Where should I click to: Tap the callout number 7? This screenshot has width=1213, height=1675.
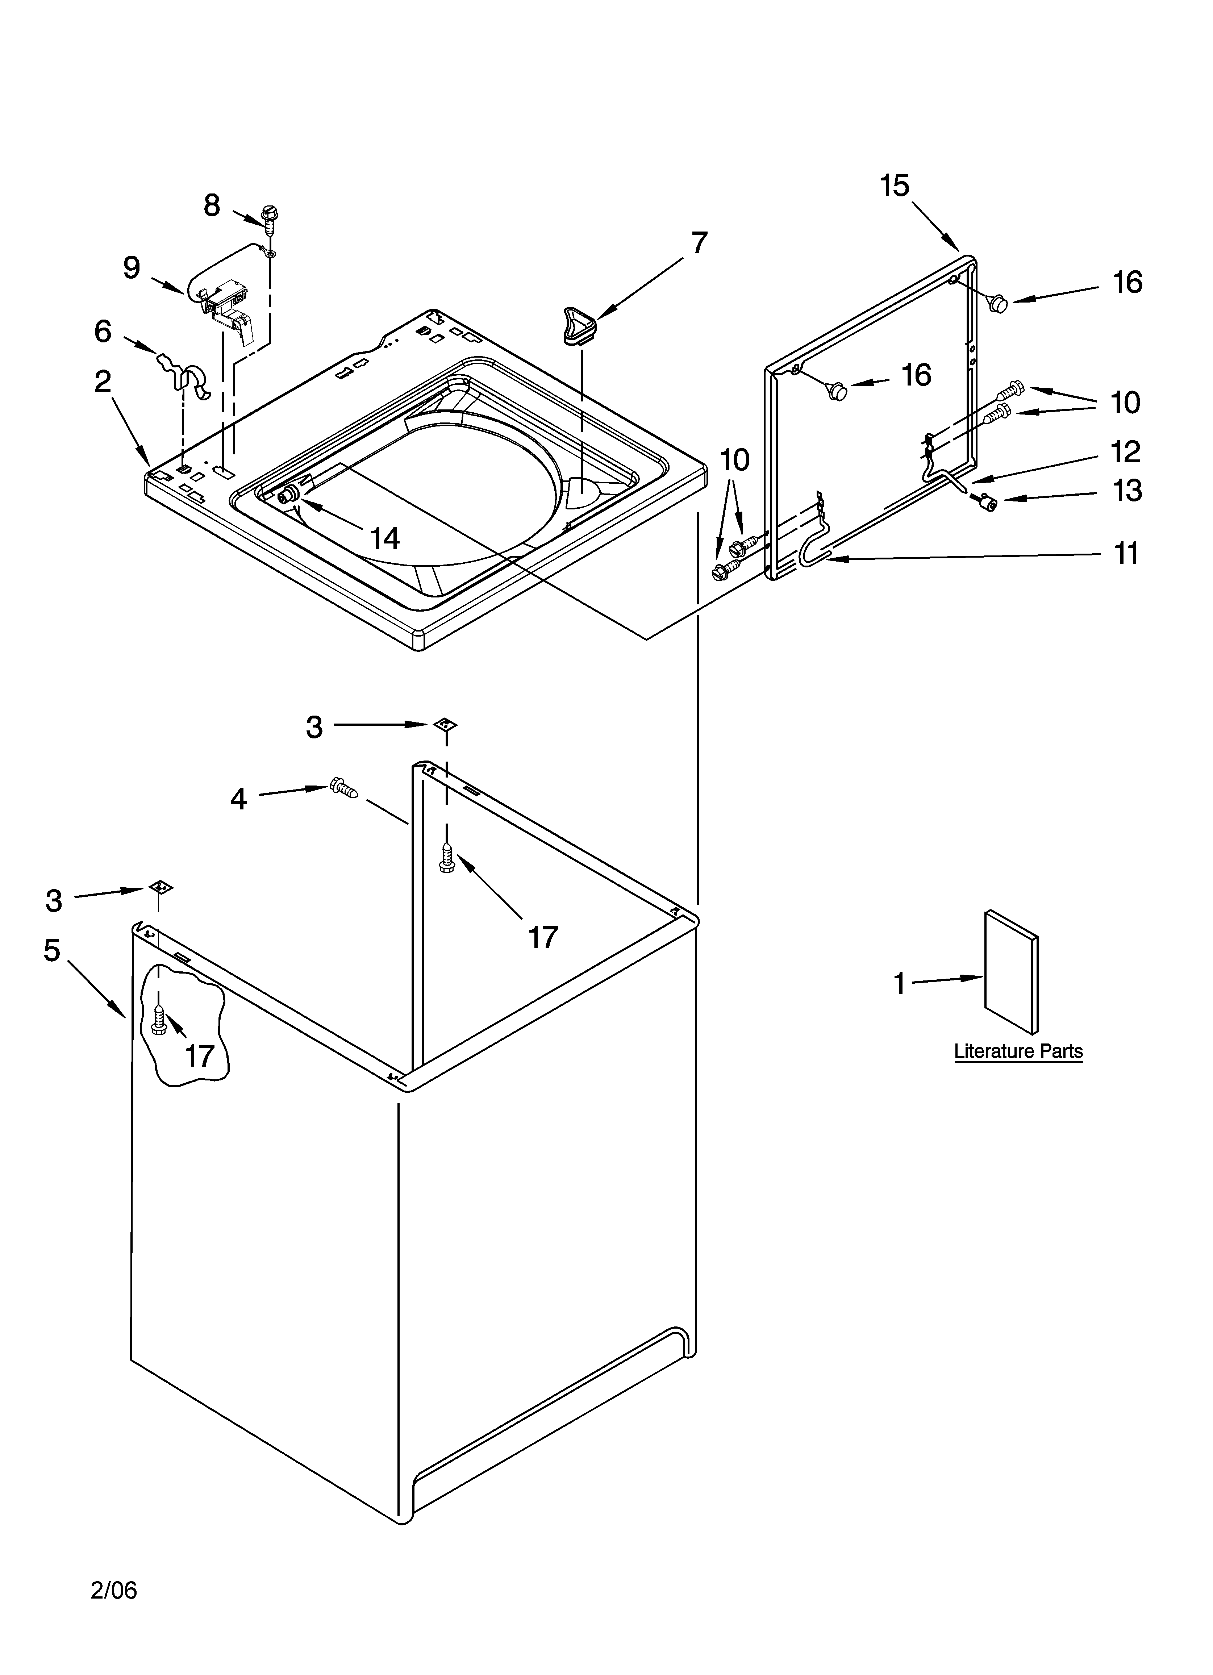(699, 243)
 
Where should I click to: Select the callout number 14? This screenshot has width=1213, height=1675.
(385, 538)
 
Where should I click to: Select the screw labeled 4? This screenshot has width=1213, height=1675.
(344, 789)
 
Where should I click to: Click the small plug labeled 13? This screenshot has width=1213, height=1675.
(985, 504)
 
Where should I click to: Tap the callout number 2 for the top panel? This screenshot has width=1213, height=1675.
(103, 382)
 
